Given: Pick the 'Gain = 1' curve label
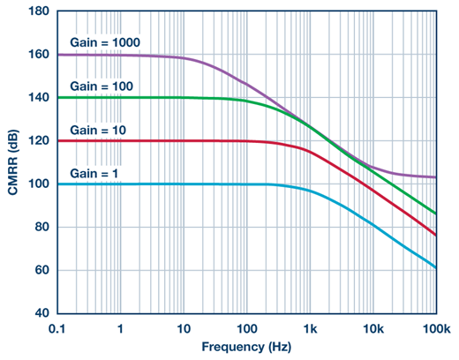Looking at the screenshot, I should click(x=93, y=173).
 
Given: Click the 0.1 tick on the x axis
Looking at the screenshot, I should click(x=58, y=327).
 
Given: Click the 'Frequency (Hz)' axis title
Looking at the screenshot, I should click(x=245, y=348).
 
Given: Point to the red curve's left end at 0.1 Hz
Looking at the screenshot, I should click(x=58, y=141).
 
